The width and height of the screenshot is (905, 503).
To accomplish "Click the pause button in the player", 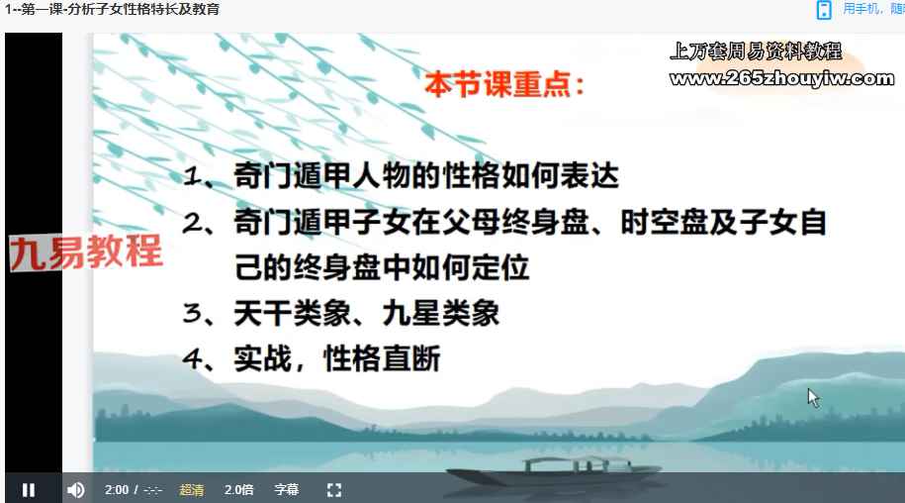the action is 29,490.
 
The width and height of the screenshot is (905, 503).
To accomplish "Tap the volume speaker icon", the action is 75,490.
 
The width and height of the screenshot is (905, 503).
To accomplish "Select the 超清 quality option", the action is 192,490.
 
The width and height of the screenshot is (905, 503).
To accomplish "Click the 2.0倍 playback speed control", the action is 239,490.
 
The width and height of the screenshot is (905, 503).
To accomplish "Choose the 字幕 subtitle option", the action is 286,490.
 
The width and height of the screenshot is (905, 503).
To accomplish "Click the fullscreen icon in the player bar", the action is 334,490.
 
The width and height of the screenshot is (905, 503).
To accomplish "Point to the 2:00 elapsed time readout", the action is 117,490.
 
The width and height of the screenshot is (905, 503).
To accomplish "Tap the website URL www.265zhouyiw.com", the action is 782,78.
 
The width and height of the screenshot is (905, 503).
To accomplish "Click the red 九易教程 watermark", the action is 86,251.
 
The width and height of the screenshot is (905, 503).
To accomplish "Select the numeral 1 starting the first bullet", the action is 192,175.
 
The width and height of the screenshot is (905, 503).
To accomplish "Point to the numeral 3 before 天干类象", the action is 191,313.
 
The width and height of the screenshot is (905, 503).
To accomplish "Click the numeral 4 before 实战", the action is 191,358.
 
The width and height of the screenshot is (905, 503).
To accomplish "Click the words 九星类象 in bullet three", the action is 440,314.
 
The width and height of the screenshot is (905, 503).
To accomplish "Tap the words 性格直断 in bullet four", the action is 382,358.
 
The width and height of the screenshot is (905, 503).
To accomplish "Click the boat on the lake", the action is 554,472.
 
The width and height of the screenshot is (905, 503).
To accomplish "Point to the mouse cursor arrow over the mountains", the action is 813,398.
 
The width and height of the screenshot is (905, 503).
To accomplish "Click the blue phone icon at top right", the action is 824,10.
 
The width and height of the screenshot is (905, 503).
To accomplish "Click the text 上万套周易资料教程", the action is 756,51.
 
